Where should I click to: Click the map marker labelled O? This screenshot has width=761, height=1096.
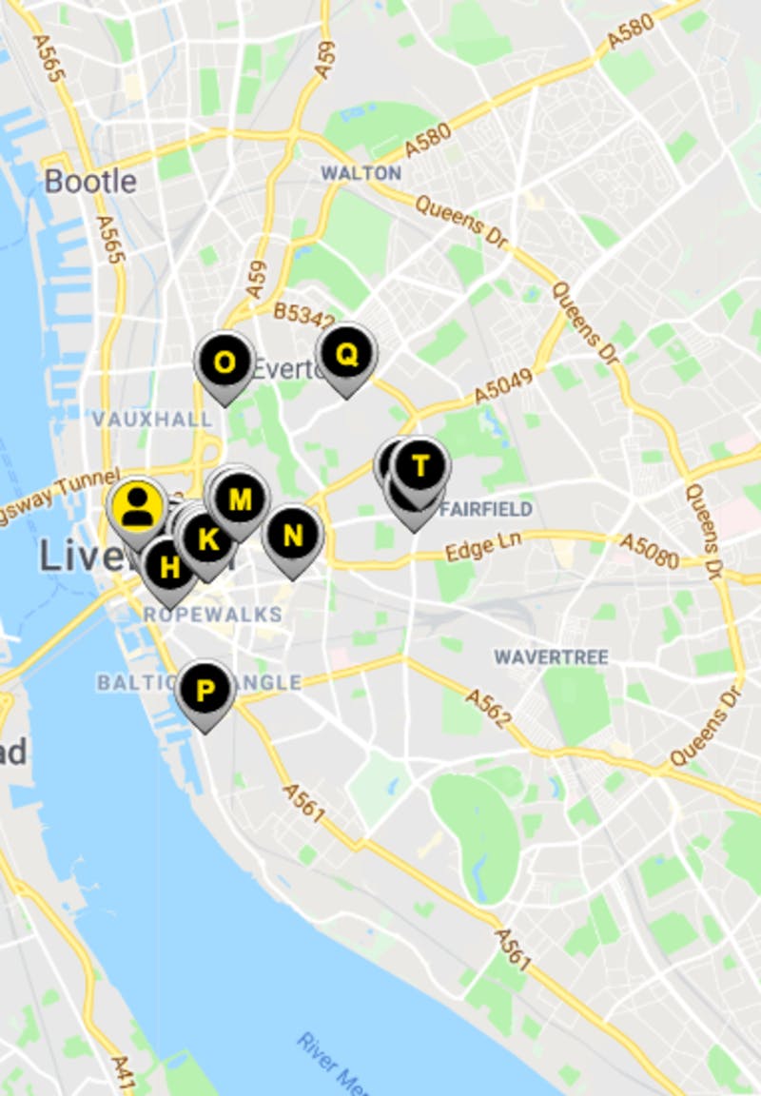pyautogui.click(x=224, y=362)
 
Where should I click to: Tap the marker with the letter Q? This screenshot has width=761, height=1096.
pyautogui.click(x=346, y=355)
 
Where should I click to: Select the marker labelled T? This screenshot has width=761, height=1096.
pyautogui.click(x=420, y=466)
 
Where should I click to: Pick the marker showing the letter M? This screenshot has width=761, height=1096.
pyautogui.click(x=240, y=499)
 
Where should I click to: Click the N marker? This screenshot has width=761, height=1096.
pyautogui.click(x=293, y=536)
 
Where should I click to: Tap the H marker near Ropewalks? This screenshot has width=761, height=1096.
pyautogui.click(x=169, y=568)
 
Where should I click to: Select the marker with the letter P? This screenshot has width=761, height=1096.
pyautogui.click(x=205, y=690)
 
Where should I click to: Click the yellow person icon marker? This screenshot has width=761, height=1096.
pyautogui.click(x=138, y=505)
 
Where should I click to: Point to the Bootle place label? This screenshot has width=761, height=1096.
pyautogui.click(x=90, y=181)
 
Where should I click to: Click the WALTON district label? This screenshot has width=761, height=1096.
pyautogui.click(x=361, y=173)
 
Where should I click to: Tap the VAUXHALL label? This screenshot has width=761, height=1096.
pyautogui.click(x=152, y=420)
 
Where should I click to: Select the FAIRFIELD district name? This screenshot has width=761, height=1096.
pyautogui.click(x=486, y=509)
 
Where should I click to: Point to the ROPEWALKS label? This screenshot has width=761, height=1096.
pyautogui.click(x=213, y=615)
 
